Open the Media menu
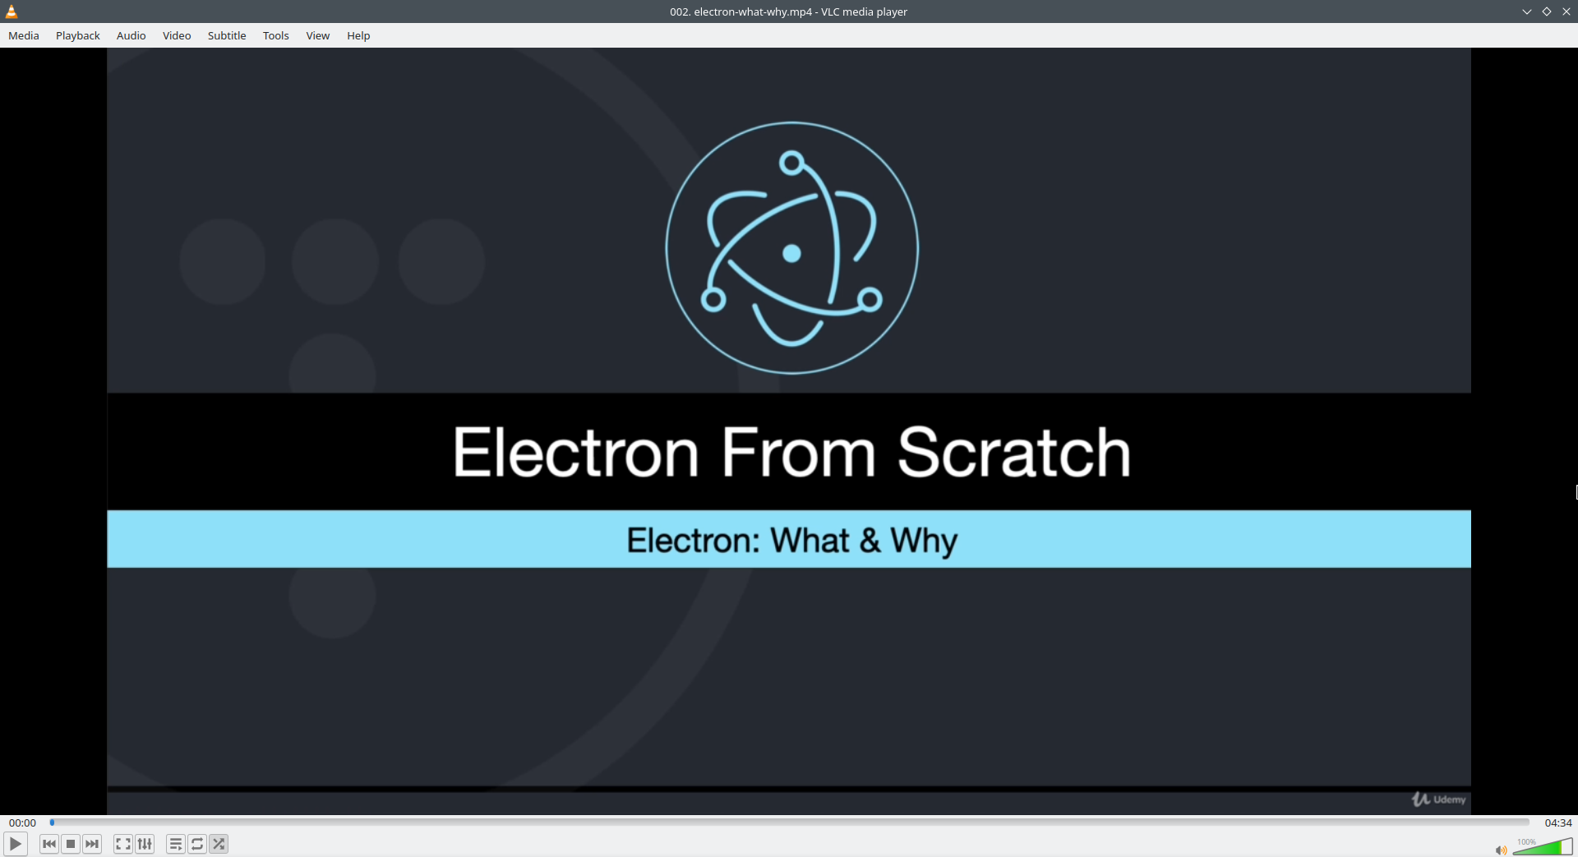pos(24,35)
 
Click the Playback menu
pos(78,35)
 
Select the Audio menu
pos(131,35)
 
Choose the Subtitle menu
pos(227,35)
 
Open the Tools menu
pos(276,35)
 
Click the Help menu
pos(358,35)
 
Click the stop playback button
pos(71,844)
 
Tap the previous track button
pos(49,844)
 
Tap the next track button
pos(92,844)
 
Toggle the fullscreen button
pos(123,844)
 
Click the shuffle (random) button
pos(219,844)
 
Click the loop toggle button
pos(197,844)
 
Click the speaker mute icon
pos(1501,850)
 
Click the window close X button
pos(1566,12)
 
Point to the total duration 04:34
pos(1558,822)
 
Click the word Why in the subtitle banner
pos(925,541)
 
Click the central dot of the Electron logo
pos(791,253)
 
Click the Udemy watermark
pos(1439,799)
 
